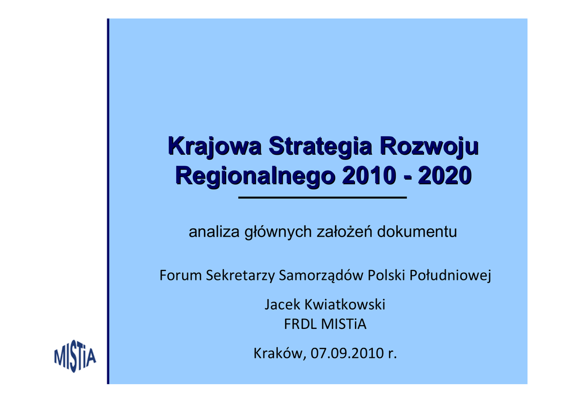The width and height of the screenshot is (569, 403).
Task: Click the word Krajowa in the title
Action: click(x=215, y=147)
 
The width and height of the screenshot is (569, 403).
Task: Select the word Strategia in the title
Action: click(x=321, y=147)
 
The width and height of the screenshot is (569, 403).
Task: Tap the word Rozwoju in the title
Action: click(x=430, y=147)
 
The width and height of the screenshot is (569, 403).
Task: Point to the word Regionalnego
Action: click(x=254, y=176)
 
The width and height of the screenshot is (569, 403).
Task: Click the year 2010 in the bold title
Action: click(x=368, y=175)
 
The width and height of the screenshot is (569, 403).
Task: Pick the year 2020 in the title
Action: click(x=445, y=175)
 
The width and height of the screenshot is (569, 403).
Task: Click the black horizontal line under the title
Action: click(x=322, y=198)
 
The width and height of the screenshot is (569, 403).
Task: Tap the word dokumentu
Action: click(x=417, y=232)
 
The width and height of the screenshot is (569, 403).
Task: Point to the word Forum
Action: click(x=181, y=275)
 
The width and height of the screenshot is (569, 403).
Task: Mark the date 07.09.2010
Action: click(x=347, y=353)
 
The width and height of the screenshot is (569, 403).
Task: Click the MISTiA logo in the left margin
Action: click(x=75, y=356)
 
